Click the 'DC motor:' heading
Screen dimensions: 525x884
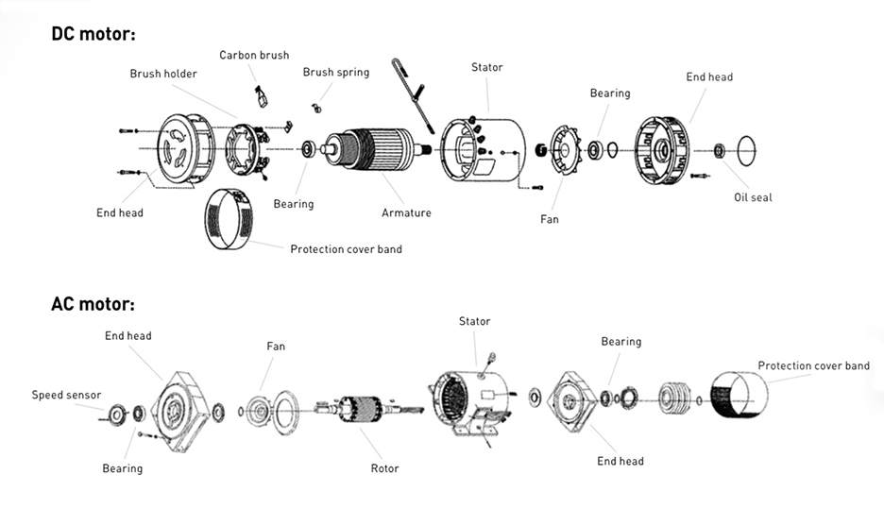93,34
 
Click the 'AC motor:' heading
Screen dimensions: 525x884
93,304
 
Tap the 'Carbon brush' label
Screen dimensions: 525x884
254,55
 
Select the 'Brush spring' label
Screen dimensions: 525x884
335,72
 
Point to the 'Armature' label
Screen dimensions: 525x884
406,212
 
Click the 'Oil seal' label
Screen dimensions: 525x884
753,197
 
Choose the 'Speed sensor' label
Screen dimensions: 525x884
66,395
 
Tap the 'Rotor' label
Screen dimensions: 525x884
384,468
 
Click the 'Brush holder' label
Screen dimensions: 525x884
163,74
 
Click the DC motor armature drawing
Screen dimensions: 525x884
374,148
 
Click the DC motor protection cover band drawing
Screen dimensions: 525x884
228,219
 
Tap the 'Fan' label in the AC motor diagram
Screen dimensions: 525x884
275,347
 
